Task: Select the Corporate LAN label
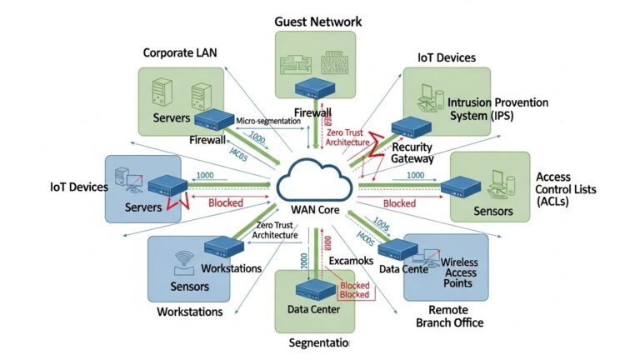tap(180, 52)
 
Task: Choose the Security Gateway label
tap(407, 152)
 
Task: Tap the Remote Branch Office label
tap(449, 316)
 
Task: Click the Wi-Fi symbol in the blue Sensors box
tap(184, 257)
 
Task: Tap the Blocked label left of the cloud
tap(225, 202)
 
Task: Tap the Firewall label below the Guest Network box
tap(313, 112)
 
